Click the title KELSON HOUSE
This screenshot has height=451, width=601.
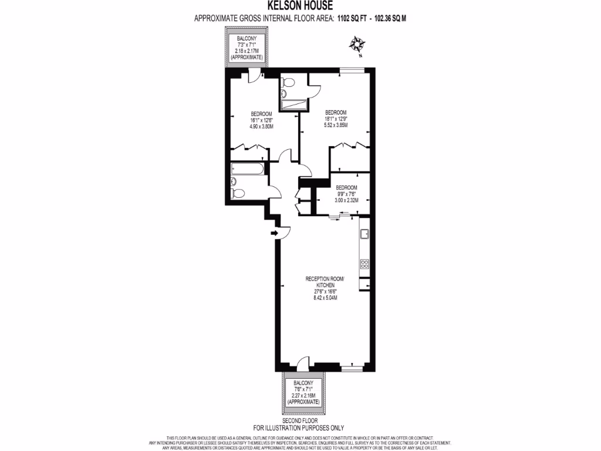pyautogui.click(x=300, y=6)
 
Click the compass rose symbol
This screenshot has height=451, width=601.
pyautogui.click(x=356, y=45)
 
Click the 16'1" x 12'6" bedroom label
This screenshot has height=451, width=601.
pyautogui.click(x=261, y=120)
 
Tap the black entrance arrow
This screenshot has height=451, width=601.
pyautogui.click(x=274, y=233)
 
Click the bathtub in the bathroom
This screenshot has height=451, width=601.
pyautogui.click(x=247, y=169)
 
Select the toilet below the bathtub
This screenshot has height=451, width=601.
pyautogui.click(x=238, y=193)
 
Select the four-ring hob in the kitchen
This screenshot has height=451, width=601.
pyautogui.click(x=364, y=263)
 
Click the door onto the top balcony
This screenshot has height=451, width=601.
pyautogui.click(x=254, y=75)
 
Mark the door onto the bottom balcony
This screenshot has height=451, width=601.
pyautogui.click(x=303, y=364)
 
